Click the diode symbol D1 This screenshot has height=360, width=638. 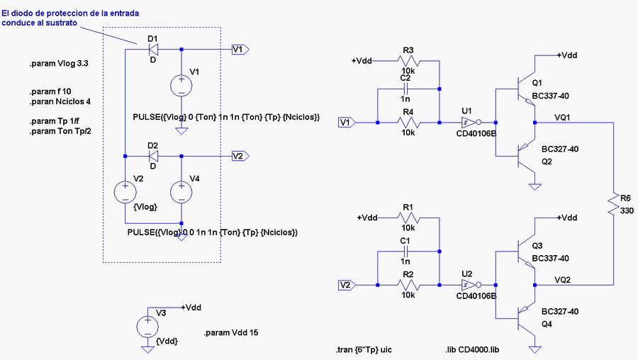click(x=153, y=50)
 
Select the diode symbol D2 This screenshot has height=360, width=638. click(x=153, y=156)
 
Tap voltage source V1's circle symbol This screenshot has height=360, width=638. click(x=181, y=86)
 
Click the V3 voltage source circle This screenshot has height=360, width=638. click(x=147, y=326)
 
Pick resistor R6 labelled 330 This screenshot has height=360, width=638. click(x=613, y=205)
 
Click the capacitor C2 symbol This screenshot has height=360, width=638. click(x=405, y=89)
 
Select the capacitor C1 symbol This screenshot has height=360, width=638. click(x=405, y=252)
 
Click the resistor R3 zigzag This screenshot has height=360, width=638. click(x=408, y=61)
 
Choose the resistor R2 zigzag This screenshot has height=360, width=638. click(x=408, y=285)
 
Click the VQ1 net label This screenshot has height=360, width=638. click(x=562, y=118)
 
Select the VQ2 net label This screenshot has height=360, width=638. click(x=562, y=280)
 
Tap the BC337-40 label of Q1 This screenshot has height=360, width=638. click(x=551, y=96)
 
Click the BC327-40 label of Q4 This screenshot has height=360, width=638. click(x=560, y=312)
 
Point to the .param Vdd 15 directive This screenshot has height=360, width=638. click(x=231, y=333)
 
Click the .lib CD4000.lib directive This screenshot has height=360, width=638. click(x=472, y=350)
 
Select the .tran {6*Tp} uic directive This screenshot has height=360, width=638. click(x=364, y=350)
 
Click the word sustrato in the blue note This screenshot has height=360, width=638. click(x=62, y=23)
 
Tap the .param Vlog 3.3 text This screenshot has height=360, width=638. click(x=59, y=64)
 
